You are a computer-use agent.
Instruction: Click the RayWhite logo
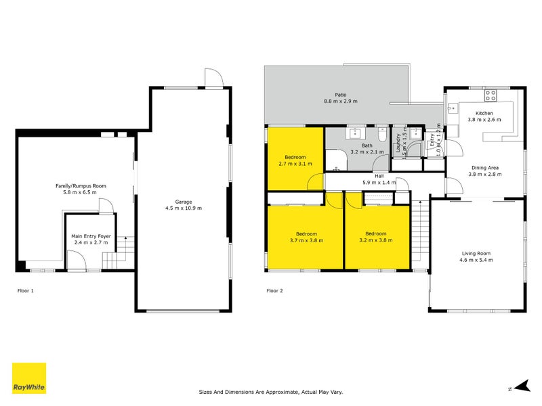tap(29, 378)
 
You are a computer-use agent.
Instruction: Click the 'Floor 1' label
tap(25, 290)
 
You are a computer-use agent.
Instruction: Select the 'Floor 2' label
tap(274, 290)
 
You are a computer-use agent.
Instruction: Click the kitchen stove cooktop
tap(491, 95)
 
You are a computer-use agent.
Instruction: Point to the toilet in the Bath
tap(382, 135)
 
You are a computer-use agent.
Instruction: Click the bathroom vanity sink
tap(353, 133)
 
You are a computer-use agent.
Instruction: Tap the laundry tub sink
tap(400, 133)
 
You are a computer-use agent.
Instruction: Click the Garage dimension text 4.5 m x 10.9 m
tap(183, 208)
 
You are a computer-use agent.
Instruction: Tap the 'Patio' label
tap(340, 95)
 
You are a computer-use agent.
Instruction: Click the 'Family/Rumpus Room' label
tap(81, 185)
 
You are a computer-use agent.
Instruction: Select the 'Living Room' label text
tap(476, 253)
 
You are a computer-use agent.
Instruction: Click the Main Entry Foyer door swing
tap(75, 260)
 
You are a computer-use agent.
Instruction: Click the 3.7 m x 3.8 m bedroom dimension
tap(306, 240)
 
